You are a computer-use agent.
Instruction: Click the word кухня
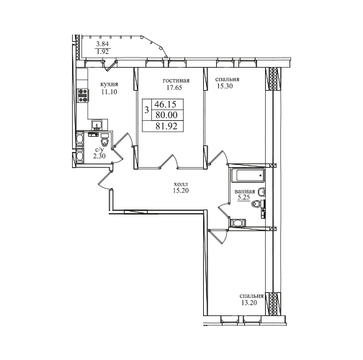point(109,84)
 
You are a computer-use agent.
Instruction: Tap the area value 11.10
point(109,91)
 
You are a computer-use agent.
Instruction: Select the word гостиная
point(176,81)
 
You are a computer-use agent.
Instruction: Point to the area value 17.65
point(174,88)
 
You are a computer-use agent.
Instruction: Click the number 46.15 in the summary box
point(166,104)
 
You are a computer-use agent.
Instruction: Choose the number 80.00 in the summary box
point(166,115)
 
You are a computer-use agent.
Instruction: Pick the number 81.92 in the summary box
point(166,126)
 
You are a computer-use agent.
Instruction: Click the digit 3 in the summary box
point(147,110)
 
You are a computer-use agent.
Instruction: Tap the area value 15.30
point(225,86)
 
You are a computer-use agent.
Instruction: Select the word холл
point(181,184)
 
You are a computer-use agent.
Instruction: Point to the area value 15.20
point(181,191)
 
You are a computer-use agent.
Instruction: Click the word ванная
point(245,192)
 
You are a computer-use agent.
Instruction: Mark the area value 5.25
point(243,197)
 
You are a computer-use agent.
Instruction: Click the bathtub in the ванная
point(247,176)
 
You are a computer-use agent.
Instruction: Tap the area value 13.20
point(249,303)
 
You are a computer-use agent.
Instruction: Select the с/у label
point(99,150)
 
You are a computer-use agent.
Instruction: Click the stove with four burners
point(83,95)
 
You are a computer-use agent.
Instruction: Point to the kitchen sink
point(97,125)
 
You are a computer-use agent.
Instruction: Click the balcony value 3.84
point(102,44)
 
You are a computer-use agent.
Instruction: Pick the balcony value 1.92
point(102,52)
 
